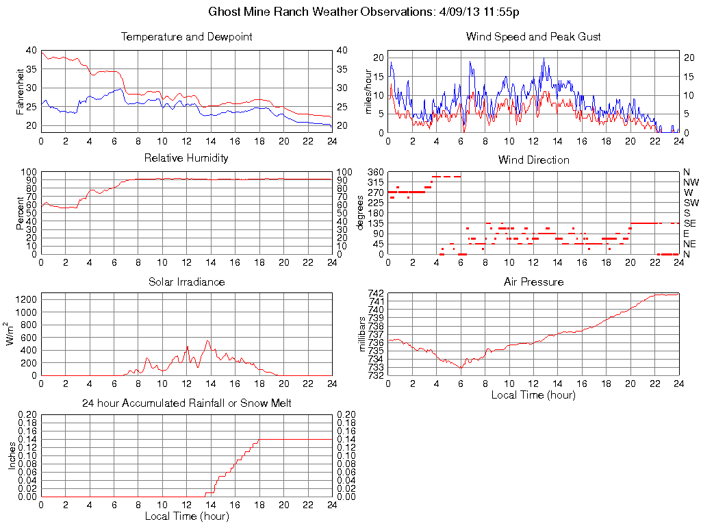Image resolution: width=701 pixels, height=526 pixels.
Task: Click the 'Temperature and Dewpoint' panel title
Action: click(x=186, y=37)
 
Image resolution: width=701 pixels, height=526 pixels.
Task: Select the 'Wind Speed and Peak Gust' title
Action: click(x=533, y=37)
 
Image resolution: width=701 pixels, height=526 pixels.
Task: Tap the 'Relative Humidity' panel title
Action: click(x=186, y=158)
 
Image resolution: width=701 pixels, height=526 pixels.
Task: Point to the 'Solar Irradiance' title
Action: click(x=186, y=281)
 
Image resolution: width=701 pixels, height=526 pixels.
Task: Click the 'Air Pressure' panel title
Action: click(x=533, y=281)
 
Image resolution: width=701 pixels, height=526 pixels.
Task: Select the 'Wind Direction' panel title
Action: click(x=533, y=160)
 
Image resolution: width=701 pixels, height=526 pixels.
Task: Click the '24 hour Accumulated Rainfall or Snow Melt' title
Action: click(x=186, y=403)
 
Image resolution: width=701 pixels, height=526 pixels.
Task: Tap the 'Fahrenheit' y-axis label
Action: click(x=21, y=90)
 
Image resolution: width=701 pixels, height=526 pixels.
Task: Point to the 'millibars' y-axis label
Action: click(x=363, y=334)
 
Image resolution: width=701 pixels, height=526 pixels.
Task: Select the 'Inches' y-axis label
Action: click(x=12, y=455)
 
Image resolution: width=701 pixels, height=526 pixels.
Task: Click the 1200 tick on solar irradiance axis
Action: click(x=27, y=299)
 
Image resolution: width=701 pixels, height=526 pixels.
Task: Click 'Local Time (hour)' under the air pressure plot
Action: click(x=533, y=394)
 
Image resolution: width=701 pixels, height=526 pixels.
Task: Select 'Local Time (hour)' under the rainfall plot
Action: click(x=186, y=516)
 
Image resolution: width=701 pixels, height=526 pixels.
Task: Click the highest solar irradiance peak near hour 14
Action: click(x=208, y=341)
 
